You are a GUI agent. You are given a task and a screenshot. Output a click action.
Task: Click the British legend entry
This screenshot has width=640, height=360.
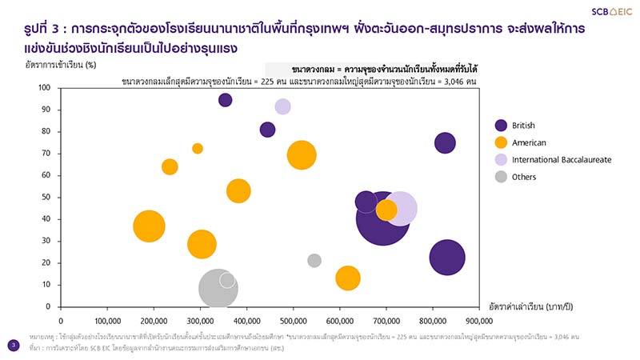[524, 125]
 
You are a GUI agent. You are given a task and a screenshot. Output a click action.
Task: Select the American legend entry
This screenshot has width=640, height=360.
[527, 142]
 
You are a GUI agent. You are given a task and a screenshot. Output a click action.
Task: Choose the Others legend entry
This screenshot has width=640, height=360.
[525, 177]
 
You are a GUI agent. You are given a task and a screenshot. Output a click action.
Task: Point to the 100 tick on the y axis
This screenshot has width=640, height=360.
[45, 88]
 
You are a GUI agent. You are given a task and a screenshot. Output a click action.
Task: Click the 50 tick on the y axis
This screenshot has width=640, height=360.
[46, 197]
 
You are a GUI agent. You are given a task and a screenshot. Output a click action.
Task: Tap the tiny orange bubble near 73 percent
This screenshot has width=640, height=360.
[198, 148]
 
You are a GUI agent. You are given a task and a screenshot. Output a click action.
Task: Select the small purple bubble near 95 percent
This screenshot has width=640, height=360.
[226, 100]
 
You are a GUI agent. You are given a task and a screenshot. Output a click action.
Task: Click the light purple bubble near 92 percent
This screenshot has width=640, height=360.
[282, 106]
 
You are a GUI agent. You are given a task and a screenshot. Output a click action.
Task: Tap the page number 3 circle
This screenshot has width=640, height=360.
[13, 345]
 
